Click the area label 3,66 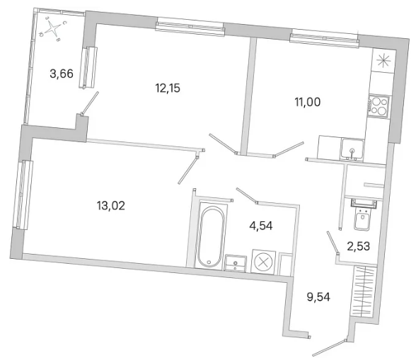62,74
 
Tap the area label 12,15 168,88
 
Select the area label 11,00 308,102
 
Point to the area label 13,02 111,206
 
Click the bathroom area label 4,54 261,226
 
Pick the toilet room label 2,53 359,246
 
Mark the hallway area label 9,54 318,297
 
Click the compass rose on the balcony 53,29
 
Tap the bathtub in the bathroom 211,237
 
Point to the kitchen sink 352,149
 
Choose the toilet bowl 362,215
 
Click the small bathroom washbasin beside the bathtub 236,263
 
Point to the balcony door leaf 90,103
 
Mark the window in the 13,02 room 24,194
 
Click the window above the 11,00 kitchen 324,40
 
